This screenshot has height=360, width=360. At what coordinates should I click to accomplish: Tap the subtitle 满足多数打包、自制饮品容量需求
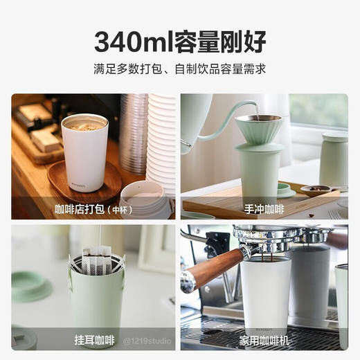(x=180, y=70)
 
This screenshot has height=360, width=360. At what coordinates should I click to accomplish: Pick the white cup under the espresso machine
(x=265, y=294)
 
